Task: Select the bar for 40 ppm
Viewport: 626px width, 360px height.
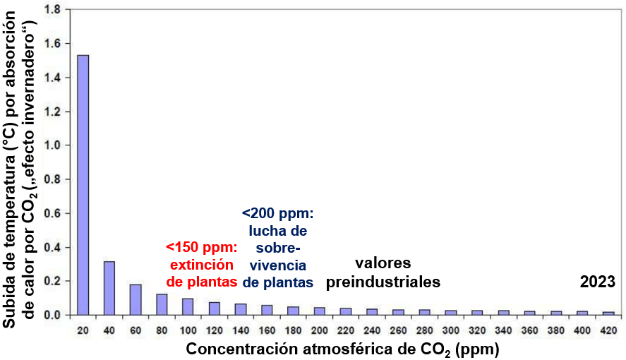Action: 109,288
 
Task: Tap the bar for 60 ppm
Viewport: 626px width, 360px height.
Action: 136,299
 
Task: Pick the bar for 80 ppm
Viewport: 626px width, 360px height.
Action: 162,304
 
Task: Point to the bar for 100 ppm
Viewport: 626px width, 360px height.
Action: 188,307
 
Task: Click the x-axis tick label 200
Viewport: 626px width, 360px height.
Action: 319,330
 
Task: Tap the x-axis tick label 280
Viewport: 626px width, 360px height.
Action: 424,330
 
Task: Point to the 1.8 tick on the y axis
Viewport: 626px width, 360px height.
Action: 53,10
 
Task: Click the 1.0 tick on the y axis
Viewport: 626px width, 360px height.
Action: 53,145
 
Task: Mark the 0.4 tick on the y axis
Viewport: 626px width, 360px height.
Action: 53,247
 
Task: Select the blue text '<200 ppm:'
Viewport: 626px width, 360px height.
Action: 277,212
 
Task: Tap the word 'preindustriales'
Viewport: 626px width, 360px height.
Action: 383,282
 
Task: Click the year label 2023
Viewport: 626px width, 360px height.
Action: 598,282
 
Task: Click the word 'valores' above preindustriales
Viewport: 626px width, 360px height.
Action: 383,263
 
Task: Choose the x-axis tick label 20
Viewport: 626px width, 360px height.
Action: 83,330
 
